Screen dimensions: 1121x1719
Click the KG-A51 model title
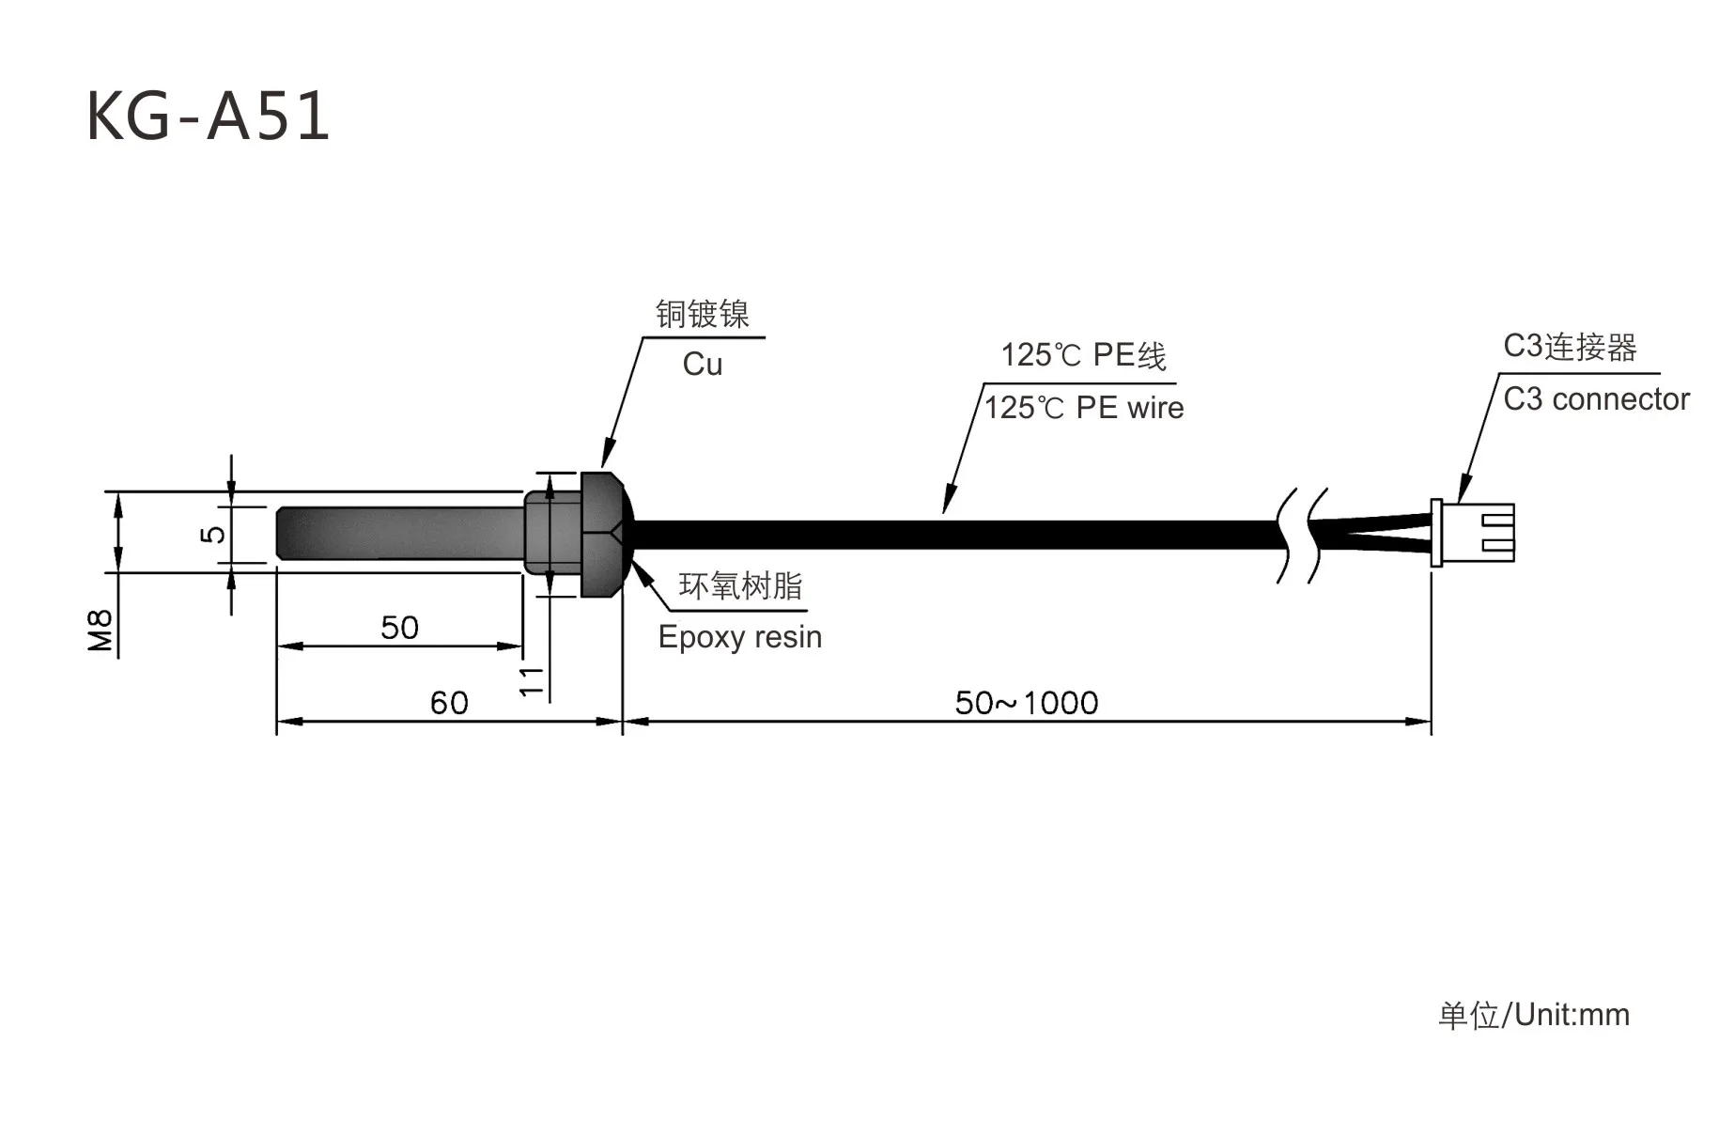pyautogui.click(x=208, y=117)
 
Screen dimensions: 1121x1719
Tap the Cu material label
pyautogui.click(x=703, y=365)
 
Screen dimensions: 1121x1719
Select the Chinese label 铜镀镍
pyautogui.click(x=703, y=315)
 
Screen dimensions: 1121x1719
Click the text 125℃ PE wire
pyautogui.click(x=1084, y=408)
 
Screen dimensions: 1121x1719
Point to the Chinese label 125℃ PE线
pyautogui.click(x=1083, y=355)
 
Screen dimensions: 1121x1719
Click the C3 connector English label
pyautogui.click(x=1596, y=399)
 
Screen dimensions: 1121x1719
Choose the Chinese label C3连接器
pyautogui.click(x=1570, y=347)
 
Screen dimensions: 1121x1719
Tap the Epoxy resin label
pyautogui.click(x=740, y=637)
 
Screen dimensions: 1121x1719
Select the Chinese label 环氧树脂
pyautogui.click(x=741, y=586)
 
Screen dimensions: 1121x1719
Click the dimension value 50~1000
pyautogui.click(x=1027, y=703)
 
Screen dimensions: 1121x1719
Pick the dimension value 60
pyautogui.click(x=449, y=703)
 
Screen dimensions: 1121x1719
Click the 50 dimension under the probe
pyautogui.click(x=399, y=628)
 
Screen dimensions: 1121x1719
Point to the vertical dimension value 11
pyautogui.click(x=532, y=681)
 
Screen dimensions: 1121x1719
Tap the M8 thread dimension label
pyautogui.click(x=101, y=631)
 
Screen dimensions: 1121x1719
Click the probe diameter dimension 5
pyautogui.click(x=214, y=534)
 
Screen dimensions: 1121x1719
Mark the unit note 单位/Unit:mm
pyautogui.click(x=1534, y=1015)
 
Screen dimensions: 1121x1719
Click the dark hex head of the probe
pyautogui.click(x=601, y=534)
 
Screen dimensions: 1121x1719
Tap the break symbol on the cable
pyautogui.click(x=1302, y=535)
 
